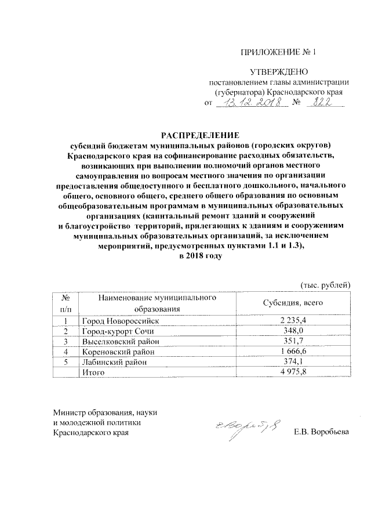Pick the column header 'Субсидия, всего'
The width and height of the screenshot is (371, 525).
292,303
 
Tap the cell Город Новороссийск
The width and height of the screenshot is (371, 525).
120,320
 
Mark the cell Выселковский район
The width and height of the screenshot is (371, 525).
120,341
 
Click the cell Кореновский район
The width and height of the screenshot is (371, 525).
118,352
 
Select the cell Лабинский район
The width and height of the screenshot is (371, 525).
114,362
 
